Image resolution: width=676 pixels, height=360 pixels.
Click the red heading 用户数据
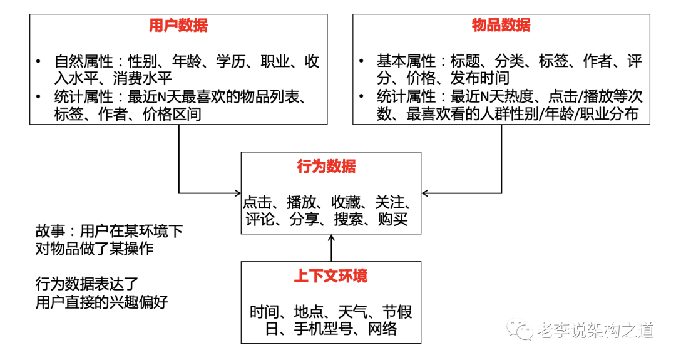coord(178,26)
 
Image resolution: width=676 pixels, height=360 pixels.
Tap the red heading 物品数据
coord(501,26)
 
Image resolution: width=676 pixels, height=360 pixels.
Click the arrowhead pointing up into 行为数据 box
coord(331,239)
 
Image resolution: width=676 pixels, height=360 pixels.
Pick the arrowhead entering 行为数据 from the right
coord(424,192)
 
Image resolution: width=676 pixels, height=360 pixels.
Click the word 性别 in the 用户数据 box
coord(143,61)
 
